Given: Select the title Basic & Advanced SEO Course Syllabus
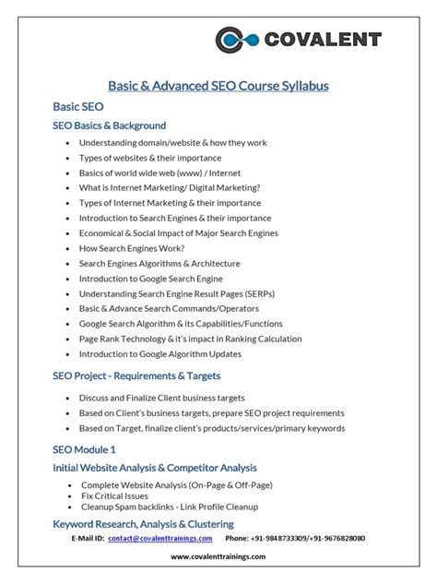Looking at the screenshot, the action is point(218,86).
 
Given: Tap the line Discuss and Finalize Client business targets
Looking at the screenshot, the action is point(172,398).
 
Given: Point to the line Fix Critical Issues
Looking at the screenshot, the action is point(116,495).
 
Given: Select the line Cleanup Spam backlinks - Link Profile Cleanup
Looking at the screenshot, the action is point(170,506).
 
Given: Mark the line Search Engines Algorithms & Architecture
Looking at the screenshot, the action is point(159,263).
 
